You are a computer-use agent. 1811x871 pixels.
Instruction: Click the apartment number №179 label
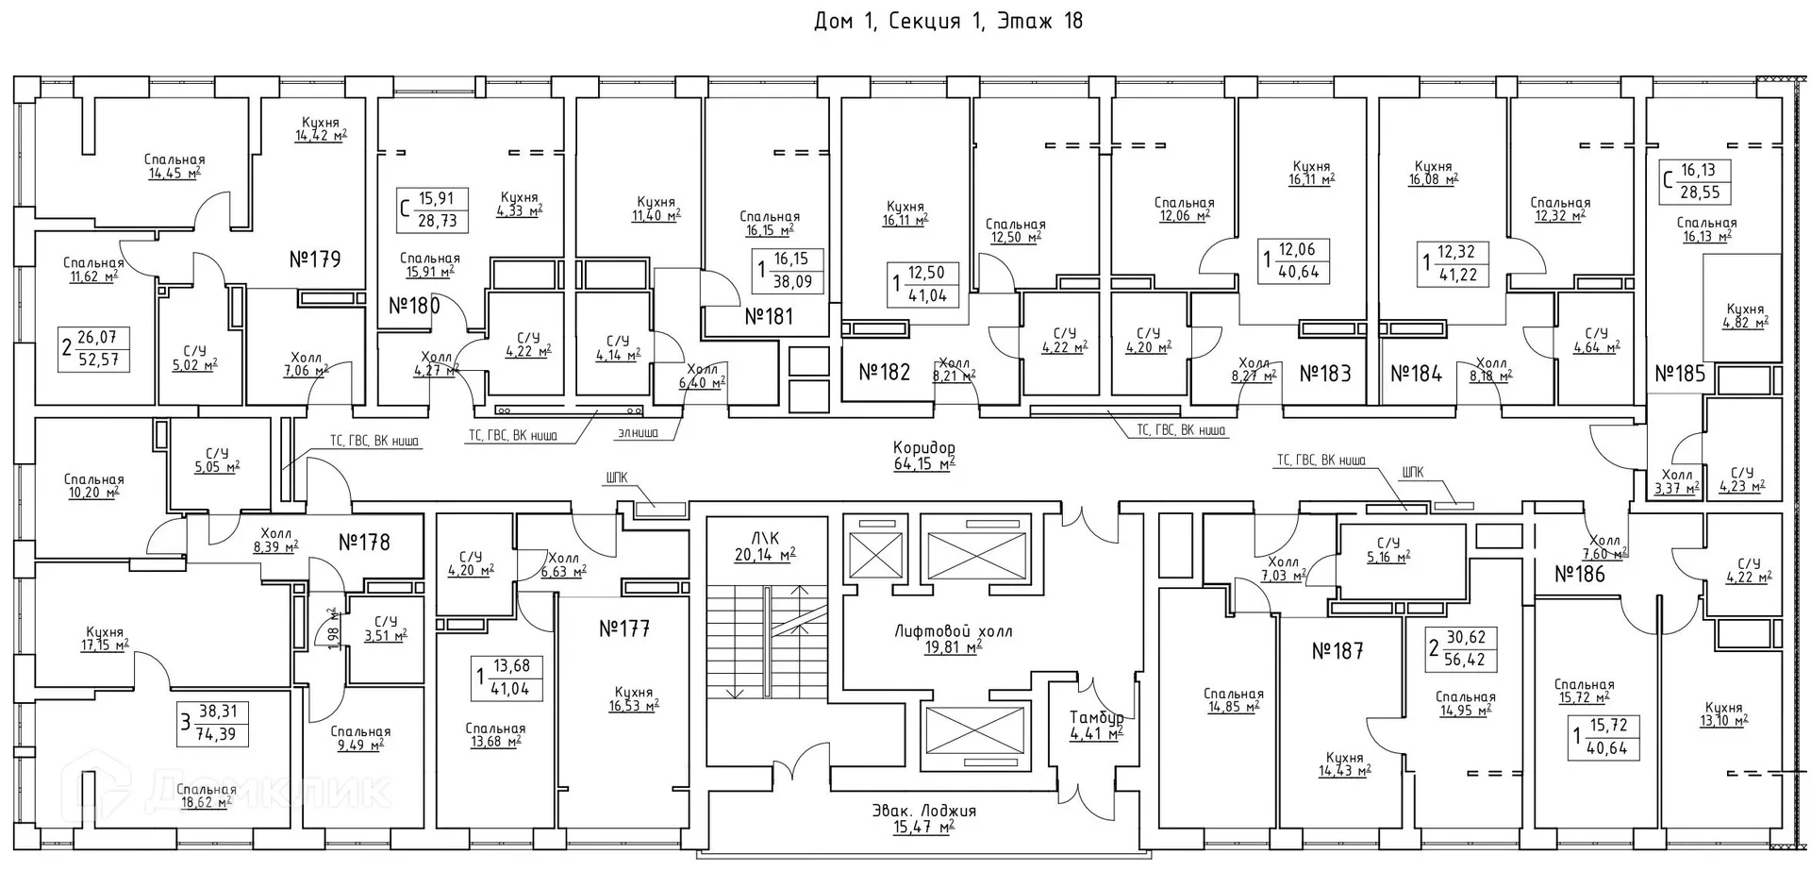pos(314,259)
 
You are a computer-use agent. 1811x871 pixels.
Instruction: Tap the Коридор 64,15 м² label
pos(923,455)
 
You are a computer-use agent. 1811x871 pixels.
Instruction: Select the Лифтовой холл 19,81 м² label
pos(953,639)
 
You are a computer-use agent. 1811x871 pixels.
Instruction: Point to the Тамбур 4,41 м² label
pos(1096,725)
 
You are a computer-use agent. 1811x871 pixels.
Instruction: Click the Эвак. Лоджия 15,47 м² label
pos(923,818)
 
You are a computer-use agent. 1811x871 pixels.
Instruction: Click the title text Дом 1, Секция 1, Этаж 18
pos(947,21)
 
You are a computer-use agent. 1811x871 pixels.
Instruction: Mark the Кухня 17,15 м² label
pos(104,639)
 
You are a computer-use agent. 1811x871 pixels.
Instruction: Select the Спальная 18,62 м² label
pos(205,796)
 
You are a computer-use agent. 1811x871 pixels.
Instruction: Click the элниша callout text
pos(638,434)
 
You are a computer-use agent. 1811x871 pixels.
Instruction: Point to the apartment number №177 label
pos(624,628)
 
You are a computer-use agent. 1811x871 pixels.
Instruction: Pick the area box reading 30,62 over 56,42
pos(1463,649)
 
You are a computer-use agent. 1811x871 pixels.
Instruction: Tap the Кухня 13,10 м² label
pos(1723,713)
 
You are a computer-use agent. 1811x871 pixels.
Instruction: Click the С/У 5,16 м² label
pos(1387,550)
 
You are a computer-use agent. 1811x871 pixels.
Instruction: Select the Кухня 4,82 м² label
pos(1745,315)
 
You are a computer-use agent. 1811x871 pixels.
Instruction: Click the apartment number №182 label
pos(884,372)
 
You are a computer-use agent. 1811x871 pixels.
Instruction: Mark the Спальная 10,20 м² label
pos(93,485)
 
